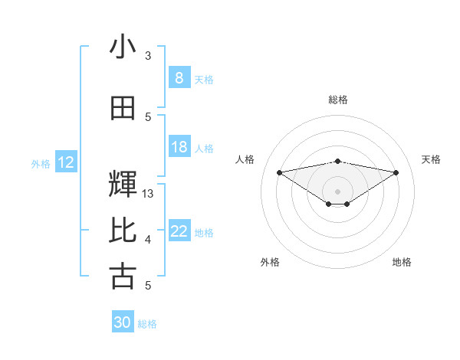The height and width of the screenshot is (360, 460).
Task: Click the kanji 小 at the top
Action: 123,47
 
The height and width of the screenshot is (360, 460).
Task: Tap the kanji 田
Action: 123,108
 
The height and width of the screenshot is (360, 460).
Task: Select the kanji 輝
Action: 123,184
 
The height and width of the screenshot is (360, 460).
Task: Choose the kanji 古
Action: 123,277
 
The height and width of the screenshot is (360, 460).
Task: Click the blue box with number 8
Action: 179,77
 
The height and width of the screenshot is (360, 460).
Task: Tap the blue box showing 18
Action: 179,147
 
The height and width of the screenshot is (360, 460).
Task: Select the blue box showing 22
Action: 179,231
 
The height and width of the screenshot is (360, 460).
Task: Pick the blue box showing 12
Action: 66,162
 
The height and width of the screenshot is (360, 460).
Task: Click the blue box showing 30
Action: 123,322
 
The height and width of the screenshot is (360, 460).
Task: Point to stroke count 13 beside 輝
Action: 148,194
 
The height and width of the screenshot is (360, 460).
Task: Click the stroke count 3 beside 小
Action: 148,56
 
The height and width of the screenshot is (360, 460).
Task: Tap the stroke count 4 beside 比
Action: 148,240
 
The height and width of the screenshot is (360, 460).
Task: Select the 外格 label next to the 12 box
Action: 41,163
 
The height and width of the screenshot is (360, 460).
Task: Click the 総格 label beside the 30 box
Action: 147,324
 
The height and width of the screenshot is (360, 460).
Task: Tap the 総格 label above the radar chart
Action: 337,100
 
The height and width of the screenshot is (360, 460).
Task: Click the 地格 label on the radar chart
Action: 402,262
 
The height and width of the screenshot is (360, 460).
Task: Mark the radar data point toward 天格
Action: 396,172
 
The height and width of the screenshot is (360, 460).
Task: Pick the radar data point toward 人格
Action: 279,172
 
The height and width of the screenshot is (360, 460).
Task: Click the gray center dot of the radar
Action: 337,190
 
